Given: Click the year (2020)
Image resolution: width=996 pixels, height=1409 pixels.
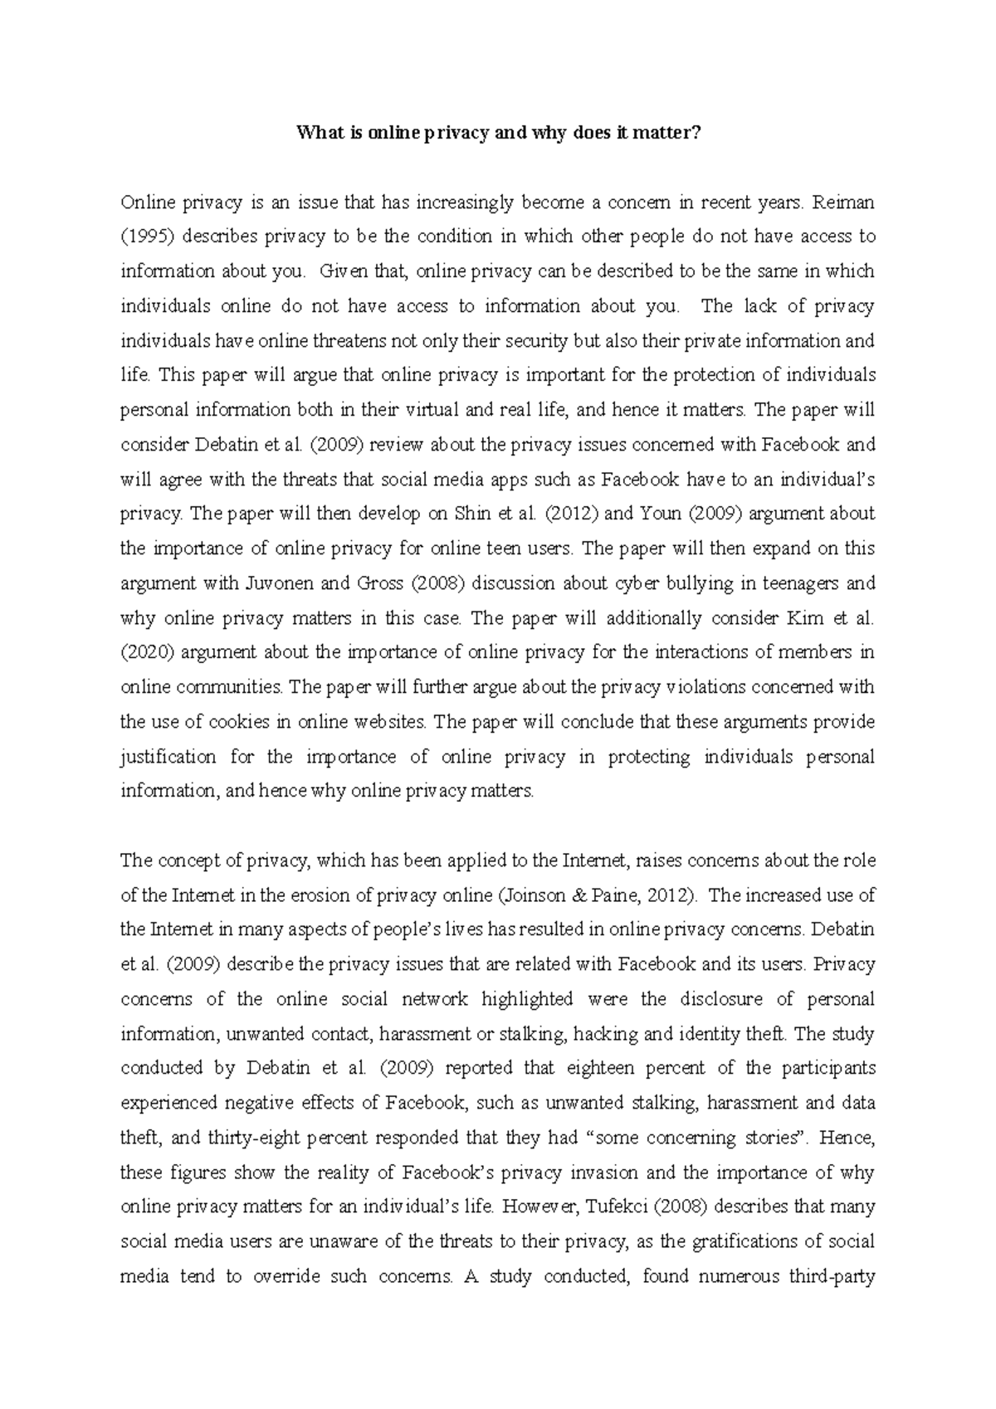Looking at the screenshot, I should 147,652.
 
